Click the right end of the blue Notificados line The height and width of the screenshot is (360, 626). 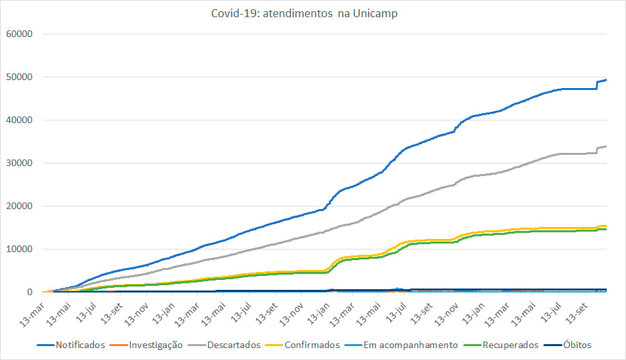point(607,79)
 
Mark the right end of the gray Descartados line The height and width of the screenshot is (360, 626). point(607,146)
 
